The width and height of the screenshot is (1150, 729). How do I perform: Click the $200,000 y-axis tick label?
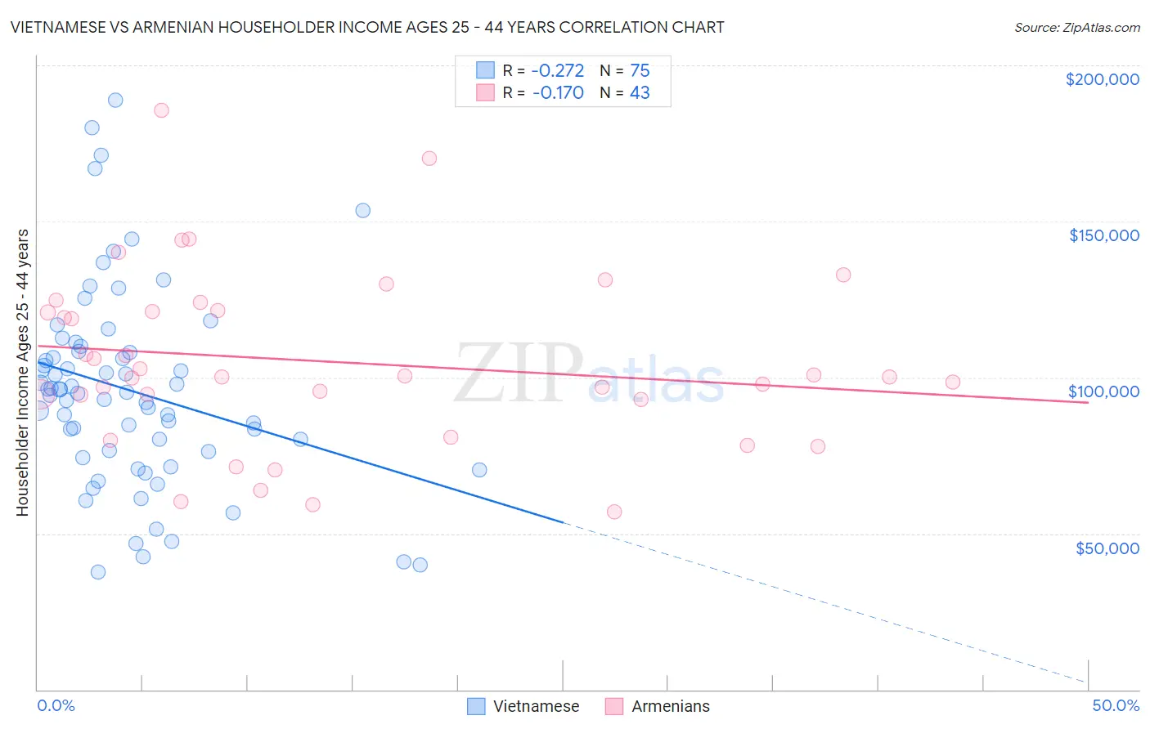pos(1102,79)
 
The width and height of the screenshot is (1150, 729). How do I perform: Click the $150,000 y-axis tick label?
pos(1103,235)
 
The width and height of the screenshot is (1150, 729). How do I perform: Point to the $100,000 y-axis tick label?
pos(1103,391)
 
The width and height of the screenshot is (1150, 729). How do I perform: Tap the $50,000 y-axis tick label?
pos(1107,548)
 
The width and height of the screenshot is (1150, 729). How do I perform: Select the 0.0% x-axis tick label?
pos(56,705)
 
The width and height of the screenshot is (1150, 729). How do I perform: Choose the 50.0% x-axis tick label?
pos(1116,705)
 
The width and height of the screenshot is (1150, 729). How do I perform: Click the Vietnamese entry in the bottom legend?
pos(536,706)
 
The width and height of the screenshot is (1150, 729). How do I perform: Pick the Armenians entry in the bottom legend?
pos(670,706)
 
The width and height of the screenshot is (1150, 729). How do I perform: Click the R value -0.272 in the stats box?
pos(558,71)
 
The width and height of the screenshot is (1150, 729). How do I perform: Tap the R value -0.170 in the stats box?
pos(558,93)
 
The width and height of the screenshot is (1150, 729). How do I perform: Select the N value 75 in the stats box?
pos(640,71)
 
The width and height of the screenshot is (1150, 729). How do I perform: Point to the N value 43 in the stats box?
pos(640,93)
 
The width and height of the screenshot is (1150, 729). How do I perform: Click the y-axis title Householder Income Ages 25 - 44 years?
pos(23,373)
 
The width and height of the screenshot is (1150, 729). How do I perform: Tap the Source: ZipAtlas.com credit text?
pos(1076,28)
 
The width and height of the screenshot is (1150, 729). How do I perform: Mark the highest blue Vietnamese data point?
pos(115,100)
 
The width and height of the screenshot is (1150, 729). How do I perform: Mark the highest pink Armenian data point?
pos(161,110)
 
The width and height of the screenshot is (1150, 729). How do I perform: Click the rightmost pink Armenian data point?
pos(952,382)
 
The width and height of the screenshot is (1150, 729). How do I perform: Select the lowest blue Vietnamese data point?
pos(98,571)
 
